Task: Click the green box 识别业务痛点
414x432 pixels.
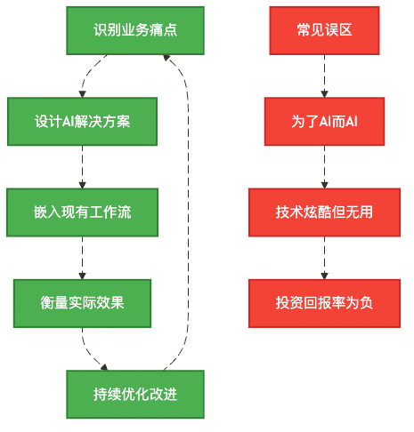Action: (135, 30)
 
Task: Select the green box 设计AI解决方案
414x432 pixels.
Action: (82, 121)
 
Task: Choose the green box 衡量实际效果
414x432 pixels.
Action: (82, 302)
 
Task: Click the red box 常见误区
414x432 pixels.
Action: (324, 30)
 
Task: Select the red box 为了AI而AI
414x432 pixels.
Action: (324, 121)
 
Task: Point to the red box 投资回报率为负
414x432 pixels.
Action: (324, 302)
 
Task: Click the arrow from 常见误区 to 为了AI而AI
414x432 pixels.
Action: (324, 76)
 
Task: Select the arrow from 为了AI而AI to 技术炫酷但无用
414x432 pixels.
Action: (324, 166)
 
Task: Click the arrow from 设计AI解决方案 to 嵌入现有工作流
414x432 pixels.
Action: (82, 166)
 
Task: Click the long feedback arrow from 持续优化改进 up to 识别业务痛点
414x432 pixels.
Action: (189, 213)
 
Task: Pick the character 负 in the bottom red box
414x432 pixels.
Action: (367, 302)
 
